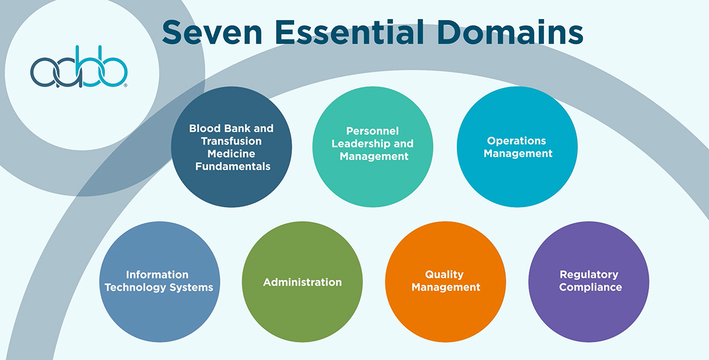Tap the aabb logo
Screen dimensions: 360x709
tap(79, 72)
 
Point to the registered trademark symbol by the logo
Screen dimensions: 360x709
tap(125, 86)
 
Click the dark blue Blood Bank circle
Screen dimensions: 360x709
tap(231, 148)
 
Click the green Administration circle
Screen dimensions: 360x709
tap(303, 282)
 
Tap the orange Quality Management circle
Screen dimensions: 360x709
tap(445, 281)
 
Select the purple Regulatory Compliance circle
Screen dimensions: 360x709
tap(588, 281)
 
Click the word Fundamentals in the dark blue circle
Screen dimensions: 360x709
tap(231, 167)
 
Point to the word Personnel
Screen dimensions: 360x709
tap(372, 131)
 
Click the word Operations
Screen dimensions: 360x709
tap(516, 141)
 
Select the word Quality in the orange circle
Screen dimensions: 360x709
tap(444, 275)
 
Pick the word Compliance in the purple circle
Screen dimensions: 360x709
tap(590, 288)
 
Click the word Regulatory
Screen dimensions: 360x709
tap(588, 275)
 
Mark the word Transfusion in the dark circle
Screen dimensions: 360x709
tap(231, 141)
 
